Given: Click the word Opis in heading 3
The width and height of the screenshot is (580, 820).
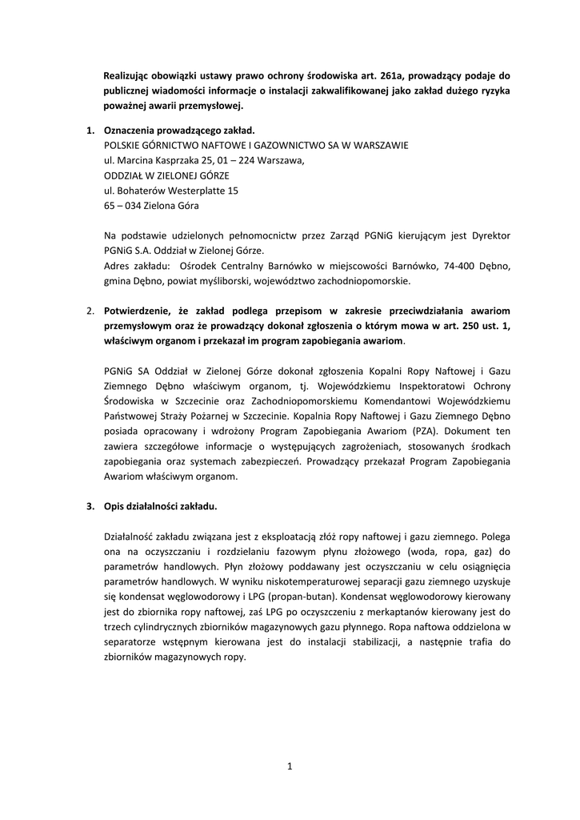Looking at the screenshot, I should [114, 507].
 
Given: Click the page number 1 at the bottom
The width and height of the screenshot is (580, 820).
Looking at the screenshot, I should [290, 767].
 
